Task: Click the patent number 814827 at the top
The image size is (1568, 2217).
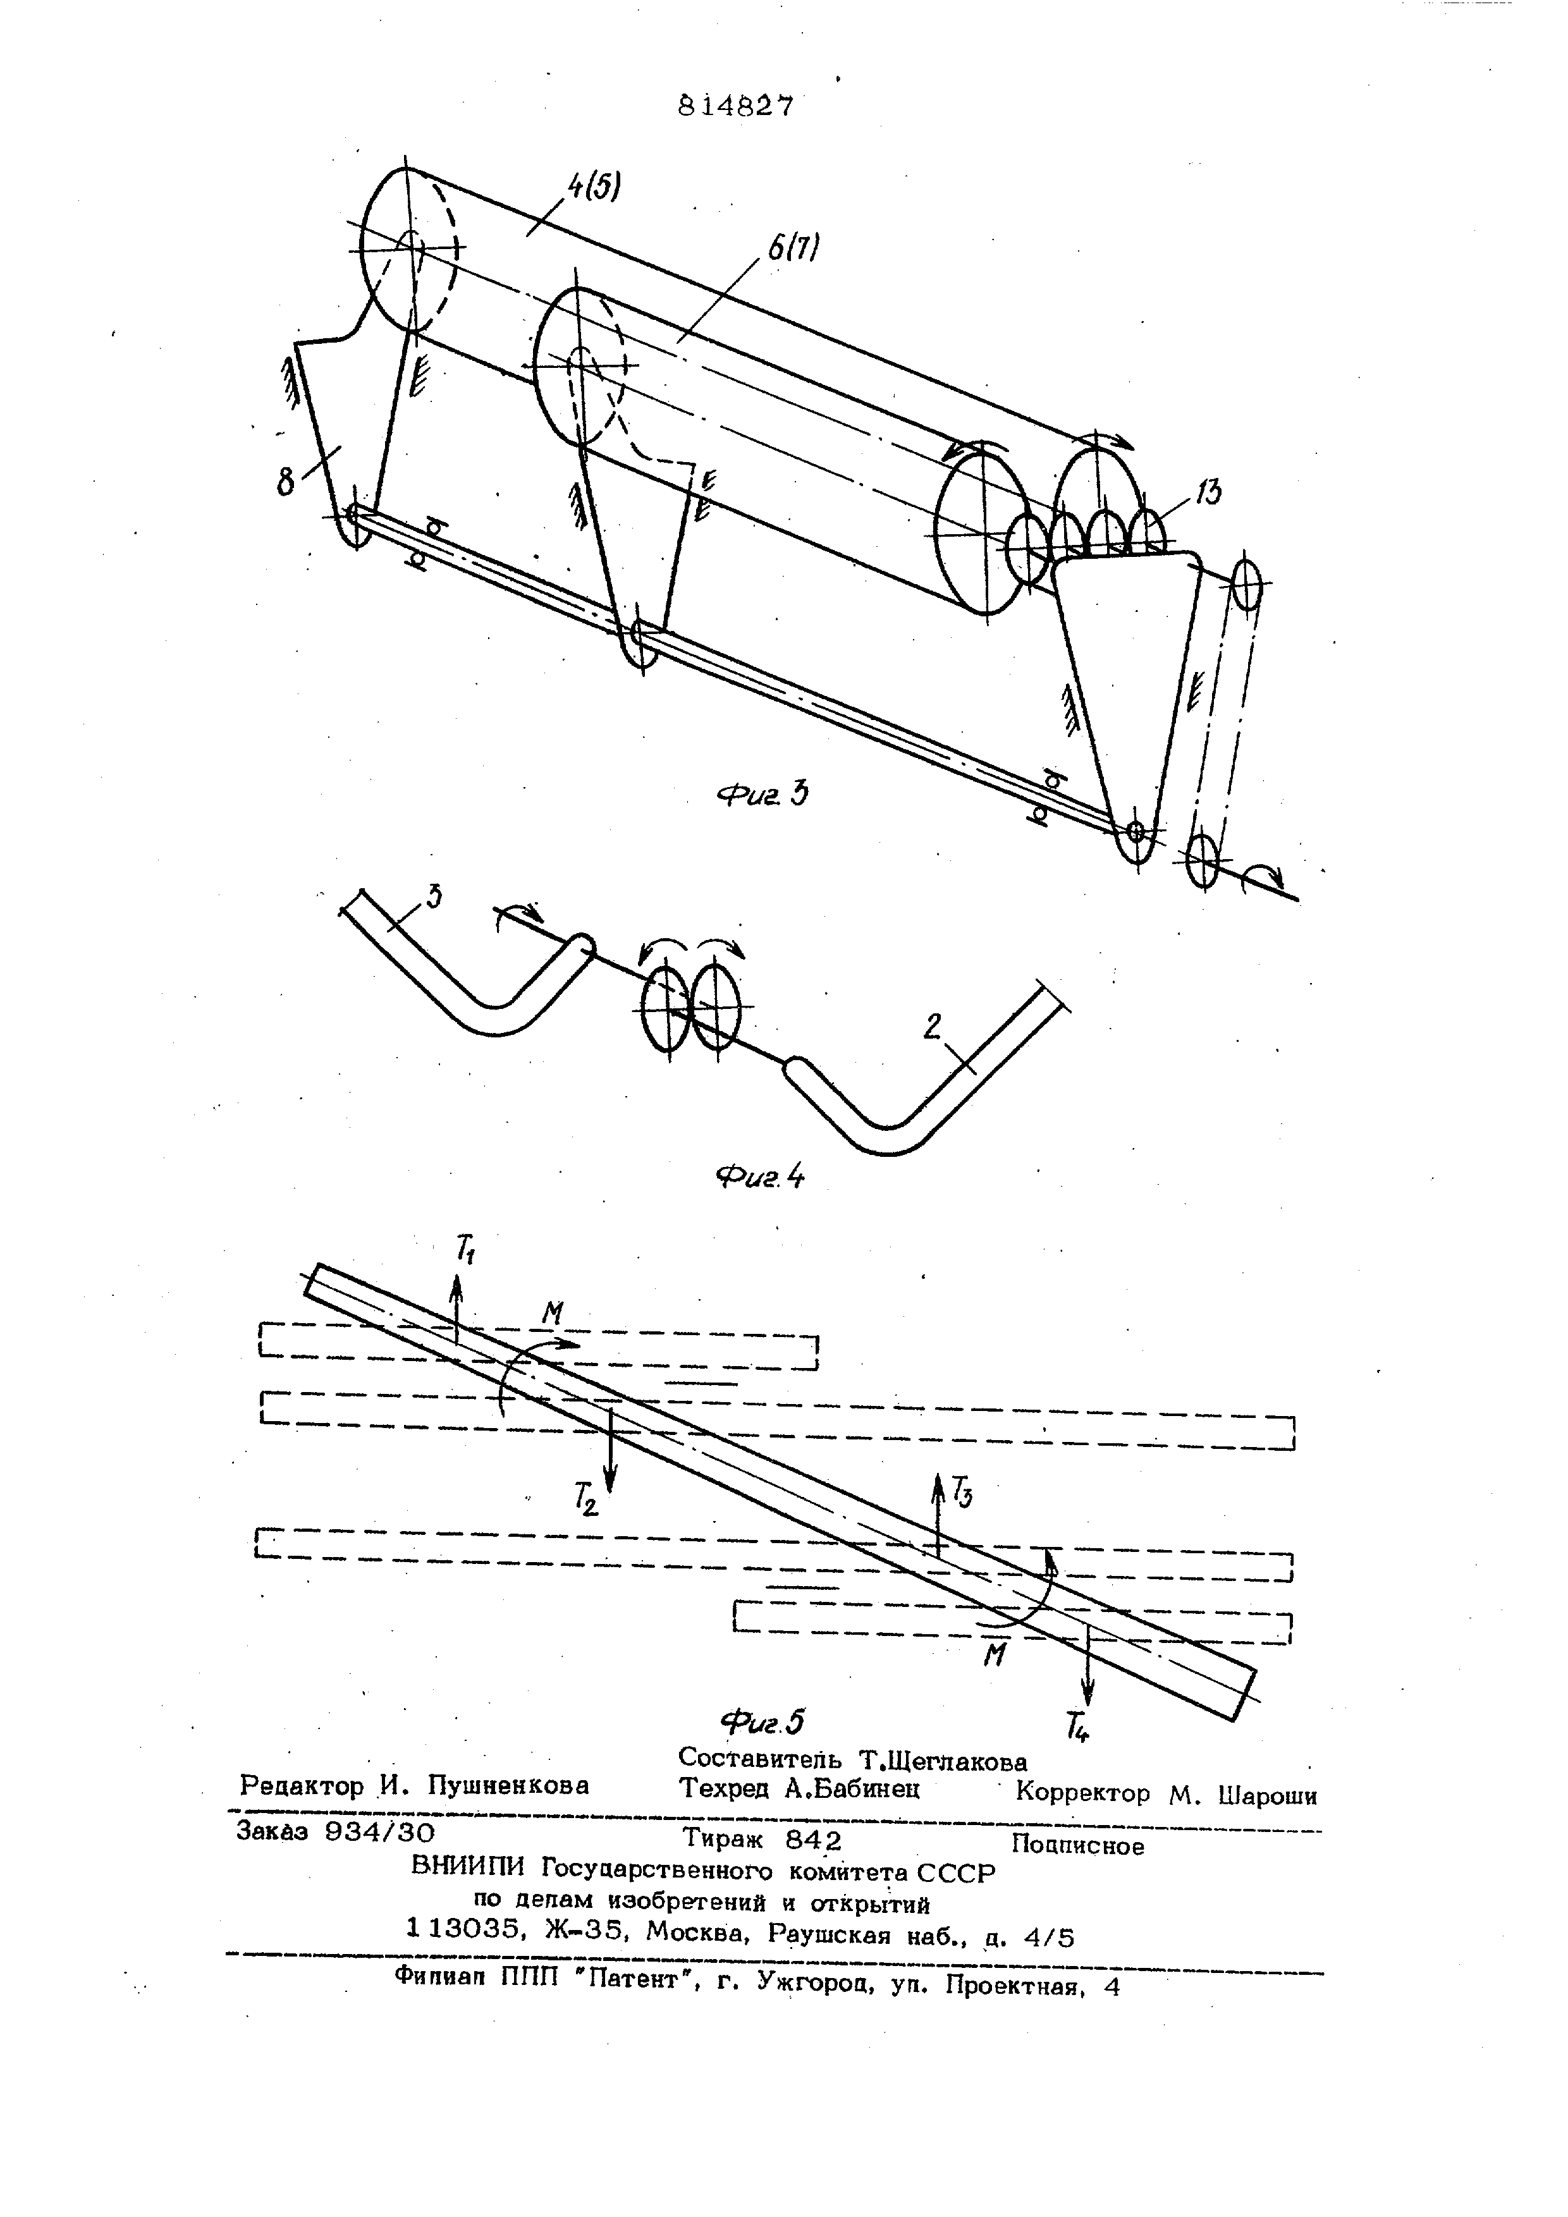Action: tap(736, 106)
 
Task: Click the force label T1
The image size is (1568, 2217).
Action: tap(465, 1252)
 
